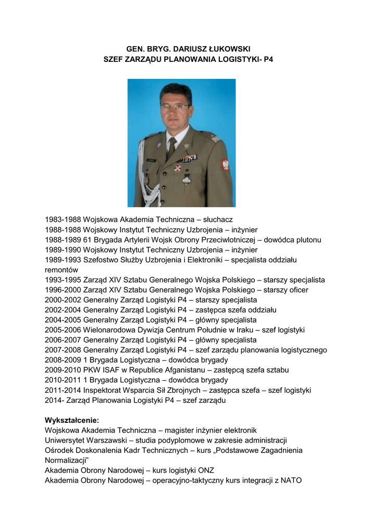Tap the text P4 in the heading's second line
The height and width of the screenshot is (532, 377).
(268, 59)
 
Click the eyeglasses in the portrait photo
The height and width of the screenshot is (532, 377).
(175, 107)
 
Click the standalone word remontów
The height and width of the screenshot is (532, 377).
(62, 270)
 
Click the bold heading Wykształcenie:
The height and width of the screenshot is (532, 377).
(72, 420)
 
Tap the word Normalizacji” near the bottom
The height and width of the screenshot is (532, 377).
(67, 460)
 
